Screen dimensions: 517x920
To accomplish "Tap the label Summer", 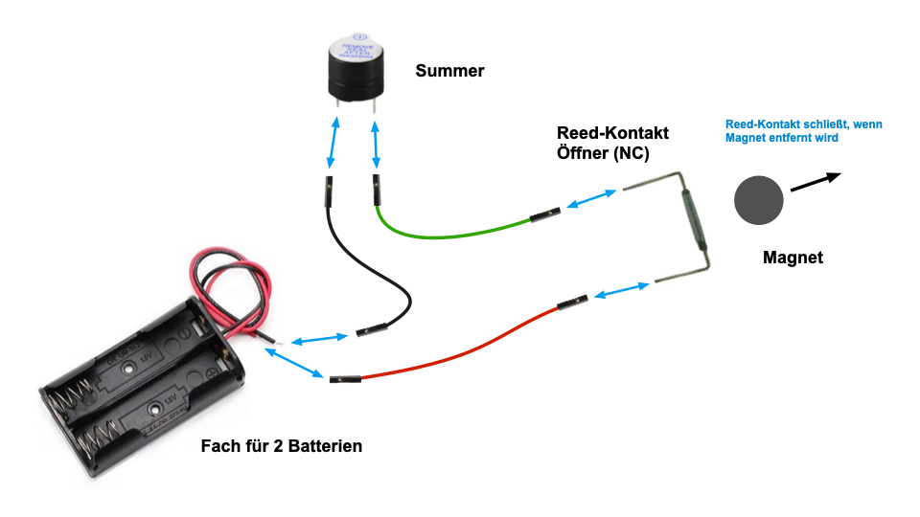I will [449, 72].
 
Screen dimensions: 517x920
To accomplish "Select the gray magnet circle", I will [759, 200].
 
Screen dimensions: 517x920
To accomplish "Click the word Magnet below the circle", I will [793, 258].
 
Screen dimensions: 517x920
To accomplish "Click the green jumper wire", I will [450, 233].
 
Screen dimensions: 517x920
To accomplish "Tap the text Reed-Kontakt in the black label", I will [612, 133].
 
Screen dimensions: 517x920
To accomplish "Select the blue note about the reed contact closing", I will [803, 131].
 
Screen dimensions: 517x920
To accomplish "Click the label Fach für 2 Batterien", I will [282, 446].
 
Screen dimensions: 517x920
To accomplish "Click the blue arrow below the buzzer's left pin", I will [333, 144].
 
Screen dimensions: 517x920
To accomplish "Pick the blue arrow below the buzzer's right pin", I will [374, 144].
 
